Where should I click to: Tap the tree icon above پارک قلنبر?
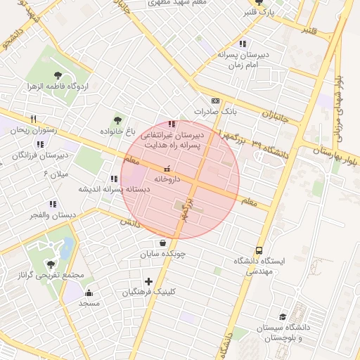click(266, 2)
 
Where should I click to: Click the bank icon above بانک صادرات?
click(214, 101)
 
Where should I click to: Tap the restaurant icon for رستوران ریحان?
click(32, 120)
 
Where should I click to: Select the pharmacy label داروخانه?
click(167, 179)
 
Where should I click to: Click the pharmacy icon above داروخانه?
click(167, 169)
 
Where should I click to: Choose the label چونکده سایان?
click(162, 255)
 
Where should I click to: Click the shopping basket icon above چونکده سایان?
click(163, 243)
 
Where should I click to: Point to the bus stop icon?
click(259, 250)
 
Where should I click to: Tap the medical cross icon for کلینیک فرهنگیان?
click(148, 281)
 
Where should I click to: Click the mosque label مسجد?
click(89, 303)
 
